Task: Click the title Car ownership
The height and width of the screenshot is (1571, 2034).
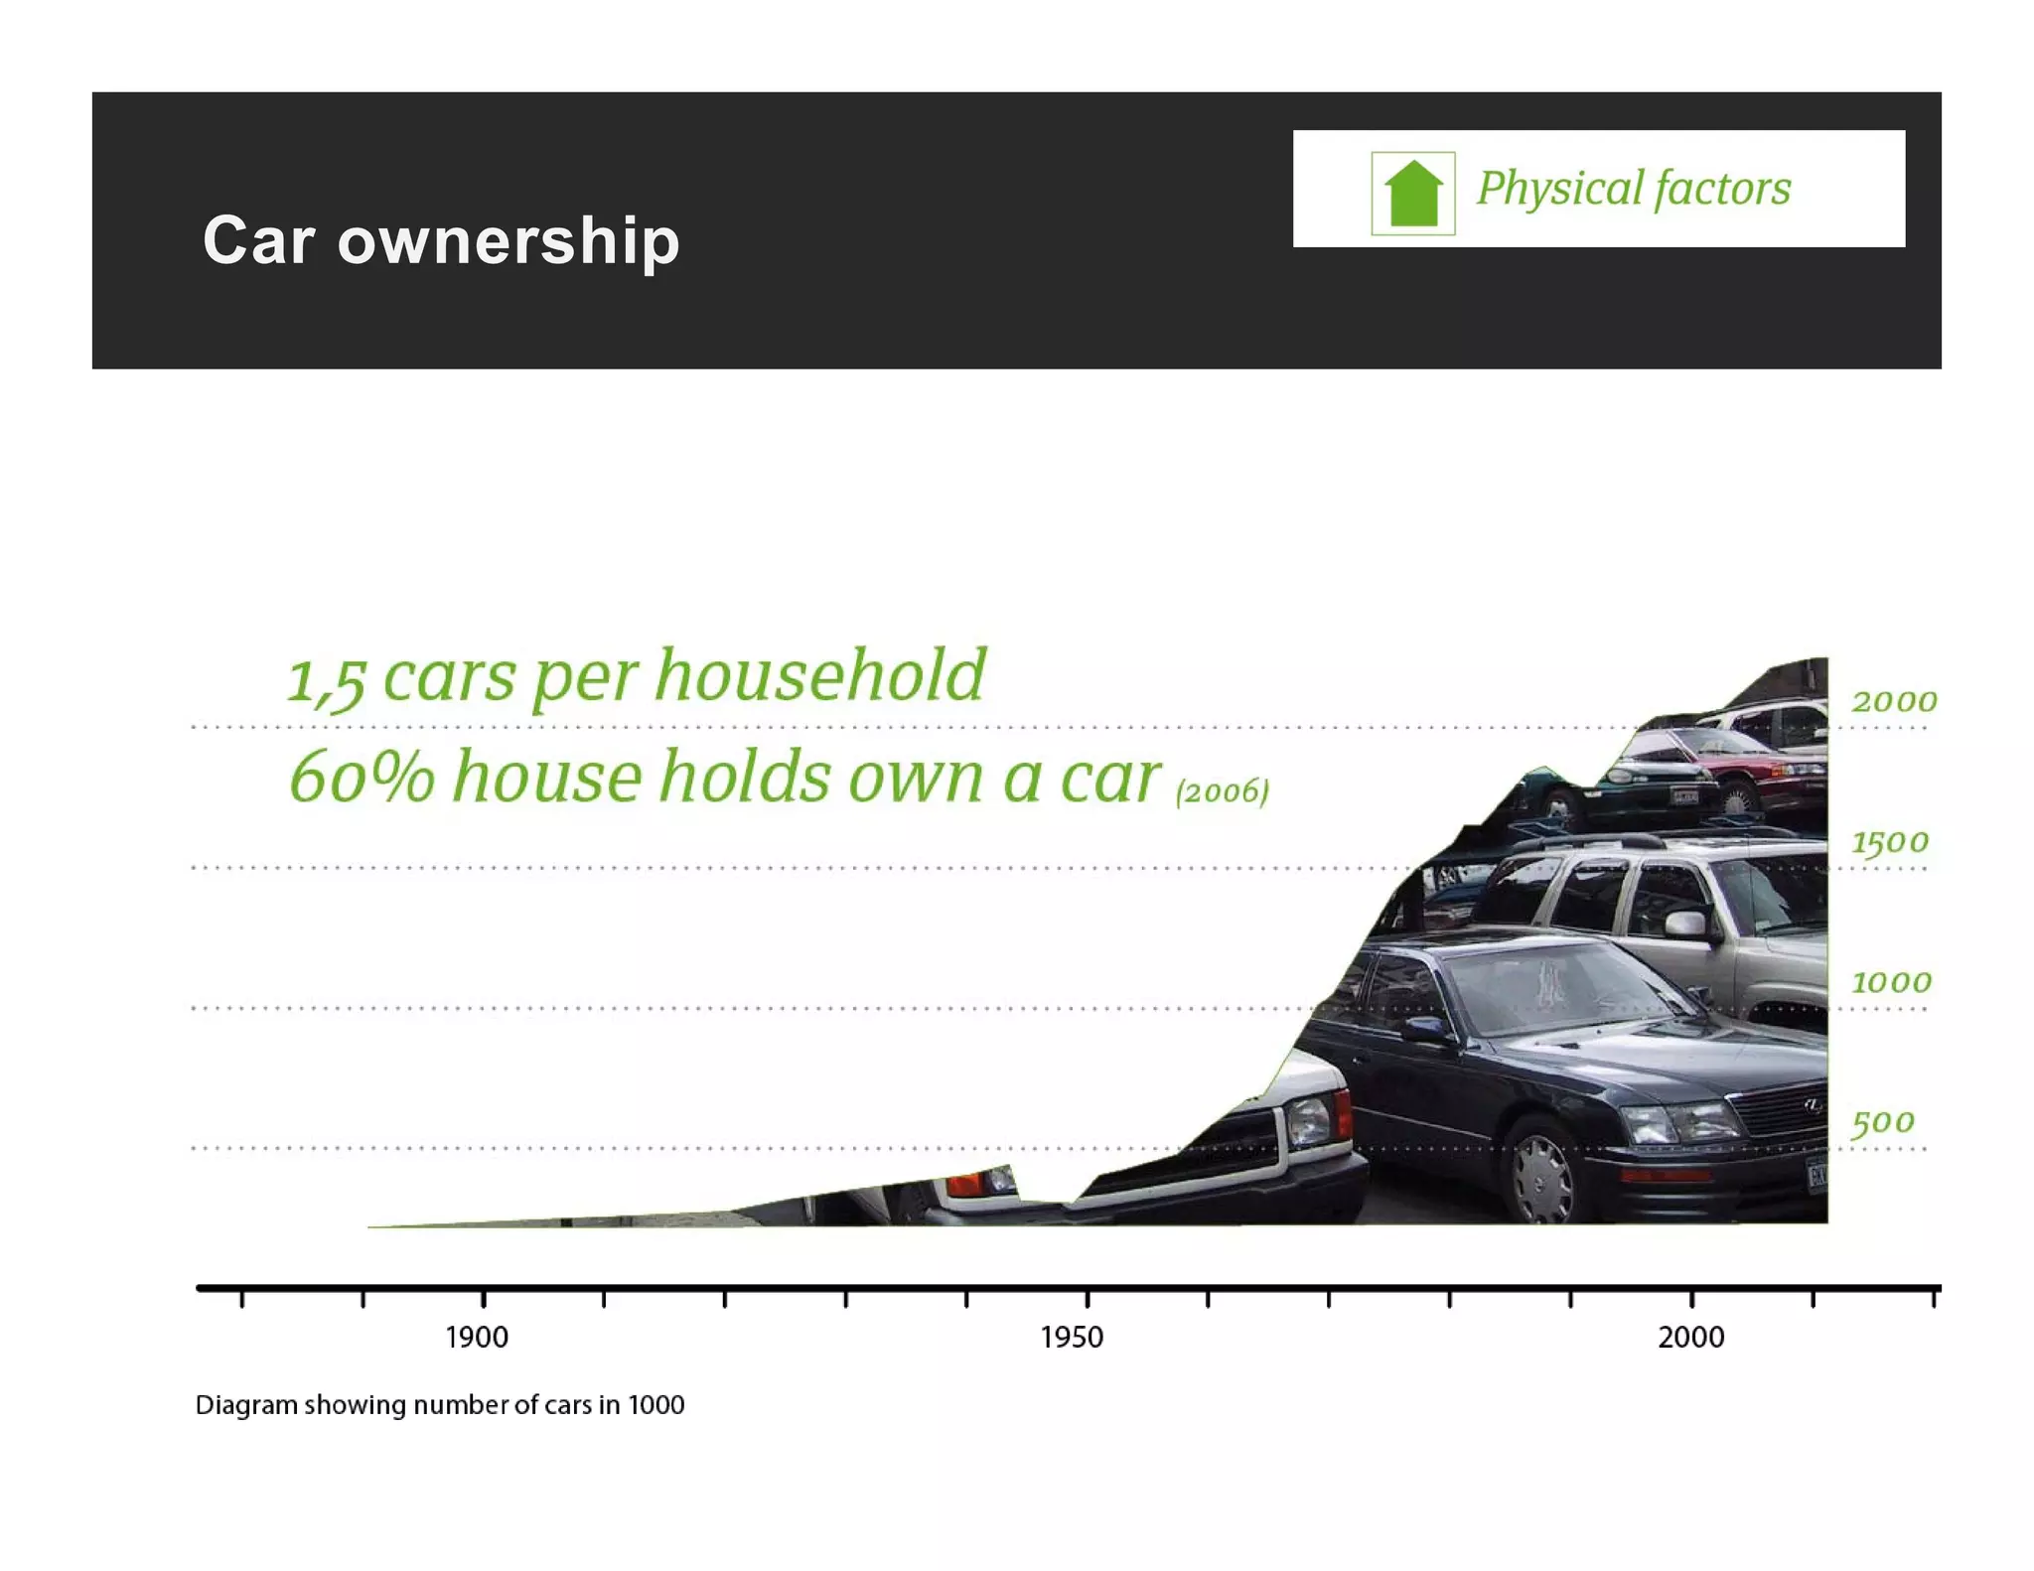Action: coord(441,240)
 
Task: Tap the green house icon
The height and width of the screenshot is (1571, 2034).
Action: coord(1412,193)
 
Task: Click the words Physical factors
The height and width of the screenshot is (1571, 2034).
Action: coord(1633,189)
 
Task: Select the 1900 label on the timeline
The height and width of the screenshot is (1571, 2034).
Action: coord(477,1338)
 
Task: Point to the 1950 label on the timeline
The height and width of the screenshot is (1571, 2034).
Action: coord(1072,1338)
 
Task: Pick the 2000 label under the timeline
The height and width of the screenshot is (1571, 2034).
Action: coord(1690,1338)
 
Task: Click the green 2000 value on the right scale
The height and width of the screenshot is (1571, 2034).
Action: coord(1893,701)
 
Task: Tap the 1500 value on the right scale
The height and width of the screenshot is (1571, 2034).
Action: coord(1890,842)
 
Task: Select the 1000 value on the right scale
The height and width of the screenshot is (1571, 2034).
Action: coord(1891,982)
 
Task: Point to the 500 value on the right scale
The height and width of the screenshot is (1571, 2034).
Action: coord(1883,1122)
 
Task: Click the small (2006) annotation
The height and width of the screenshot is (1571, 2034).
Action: coord(1222,791)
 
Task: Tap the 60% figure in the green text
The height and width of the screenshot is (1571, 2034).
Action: coord(362,777)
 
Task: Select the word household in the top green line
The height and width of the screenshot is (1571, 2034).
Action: coord(820,675)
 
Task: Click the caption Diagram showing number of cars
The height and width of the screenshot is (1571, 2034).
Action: coord(439,1405)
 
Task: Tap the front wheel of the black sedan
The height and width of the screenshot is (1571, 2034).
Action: coord(1541,1174)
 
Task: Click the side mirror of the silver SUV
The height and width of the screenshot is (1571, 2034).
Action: coord(1684,925)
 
